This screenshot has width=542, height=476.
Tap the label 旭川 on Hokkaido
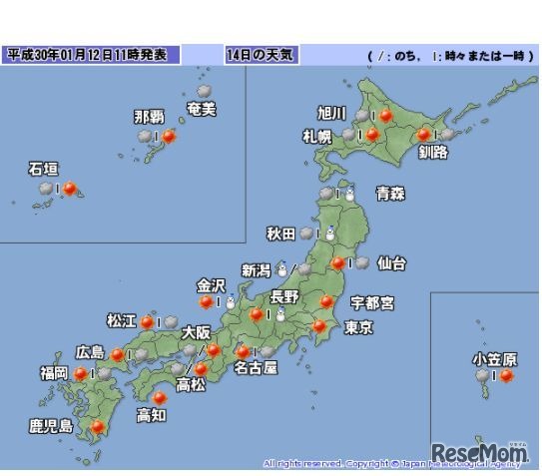(331, 111)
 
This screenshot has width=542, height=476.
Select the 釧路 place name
(432, 152)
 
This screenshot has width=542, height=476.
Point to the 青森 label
(389, 194)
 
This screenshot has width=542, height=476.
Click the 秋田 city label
(280, 235)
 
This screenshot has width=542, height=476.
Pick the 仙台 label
(391, 263)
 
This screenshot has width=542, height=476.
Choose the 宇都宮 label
(371, 301)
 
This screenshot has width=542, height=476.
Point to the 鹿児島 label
(51, 427)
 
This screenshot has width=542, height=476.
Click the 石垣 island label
(43, 170)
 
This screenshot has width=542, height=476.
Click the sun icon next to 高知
(160, 397)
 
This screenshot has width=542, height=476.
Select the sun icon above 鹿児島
(98, 428)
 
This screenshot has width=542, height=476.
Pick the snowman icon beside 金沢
(229, 301)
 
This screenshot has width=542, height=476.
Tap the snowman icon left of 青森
(349, 195)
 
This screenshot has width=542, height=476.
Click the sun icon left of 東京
(320, 325)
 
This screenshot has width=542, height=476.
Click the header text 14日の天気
(256, 54)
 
